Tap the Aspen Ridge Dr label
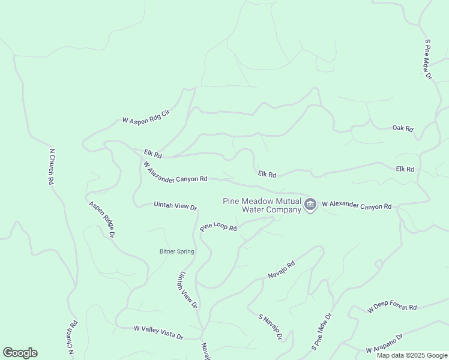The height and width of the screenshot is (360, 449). click(101, 219)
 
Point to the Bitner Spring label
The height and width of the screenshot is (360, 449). click(176, 251)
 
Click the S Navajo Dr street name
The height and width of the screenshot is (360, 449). click(270, 327)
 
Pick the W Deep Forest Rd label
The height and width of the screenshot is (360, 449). click(392, 307)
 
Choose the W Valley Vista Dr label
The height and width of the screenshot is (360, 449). click(158, 332)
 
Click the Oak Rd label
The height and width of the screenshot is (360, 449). click(403, 128)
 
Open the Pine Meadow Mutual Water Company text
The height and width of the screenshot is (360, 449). click(262, 206)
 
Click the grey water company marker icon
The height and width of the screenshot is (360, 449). click(310, 205)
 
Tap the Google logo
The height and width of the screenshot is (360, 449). click(20, 353)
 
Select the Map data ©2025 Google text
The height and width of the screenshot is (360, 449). click(412, 355)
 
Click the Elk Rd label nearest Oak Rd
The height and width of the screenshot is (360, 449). click(405, 169)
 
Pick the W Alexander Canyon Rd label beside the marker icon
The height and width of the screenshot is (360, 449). click(357, 206)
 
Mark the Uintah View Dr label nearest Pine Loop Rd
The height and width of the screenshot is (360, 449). click(175, 206)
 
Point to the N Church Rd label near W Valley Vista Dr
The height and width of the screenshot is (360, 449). click(73, 339)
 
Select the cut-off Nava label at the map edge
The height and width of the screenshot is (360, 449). click(206, 351)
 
